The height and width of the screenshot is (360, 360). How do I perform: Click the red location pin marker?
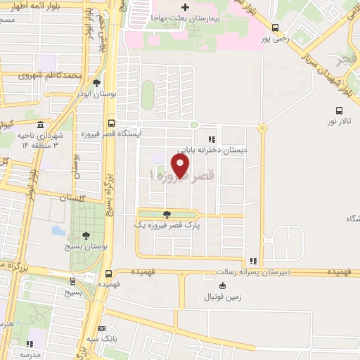click(181, 165)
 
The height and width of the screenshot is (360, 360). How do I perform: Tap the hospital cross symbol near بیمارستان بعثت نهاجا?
click(184, 7)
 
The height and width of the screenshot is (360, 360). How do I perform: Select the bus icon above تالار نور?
click(339, 110)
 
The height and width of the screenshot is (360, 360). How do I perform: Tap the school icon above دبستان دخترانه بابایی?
click(211, 139)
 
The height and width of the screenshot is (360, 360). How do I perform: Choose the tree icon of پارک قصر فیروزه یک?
click(167, 214)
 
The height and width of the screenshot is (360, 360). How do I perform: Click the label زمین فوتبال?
click(224, 297)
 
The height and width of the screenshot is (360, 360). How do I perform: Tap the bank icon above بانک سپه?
click(102, 328)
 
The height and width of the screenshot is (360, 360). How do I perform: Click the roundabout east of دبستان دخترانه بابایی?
click(262, 129)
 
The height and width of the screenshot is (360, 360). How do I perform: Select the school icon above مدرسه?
click(30, 344)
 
